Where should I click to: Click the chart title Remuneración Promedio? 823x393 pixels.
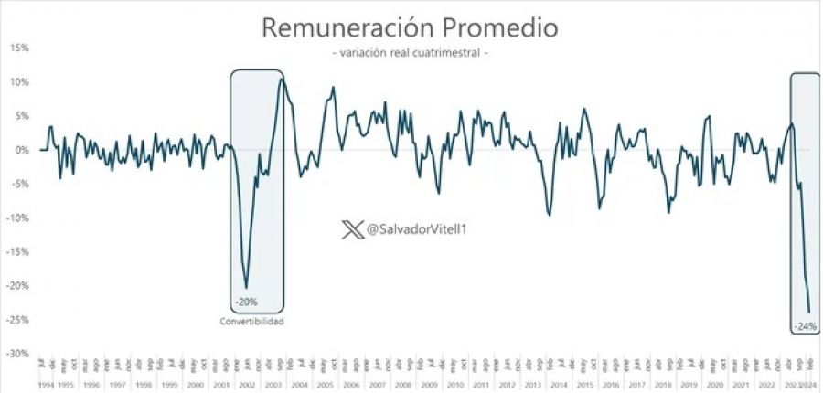pyautogui.click(x=410, y=27)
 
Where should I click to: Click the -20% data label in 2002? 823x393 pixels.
pyautogui.click(x=246, y=303)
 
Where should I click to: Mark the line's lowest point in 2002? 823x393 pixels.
pyautogui.click(x=246, y=288)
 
